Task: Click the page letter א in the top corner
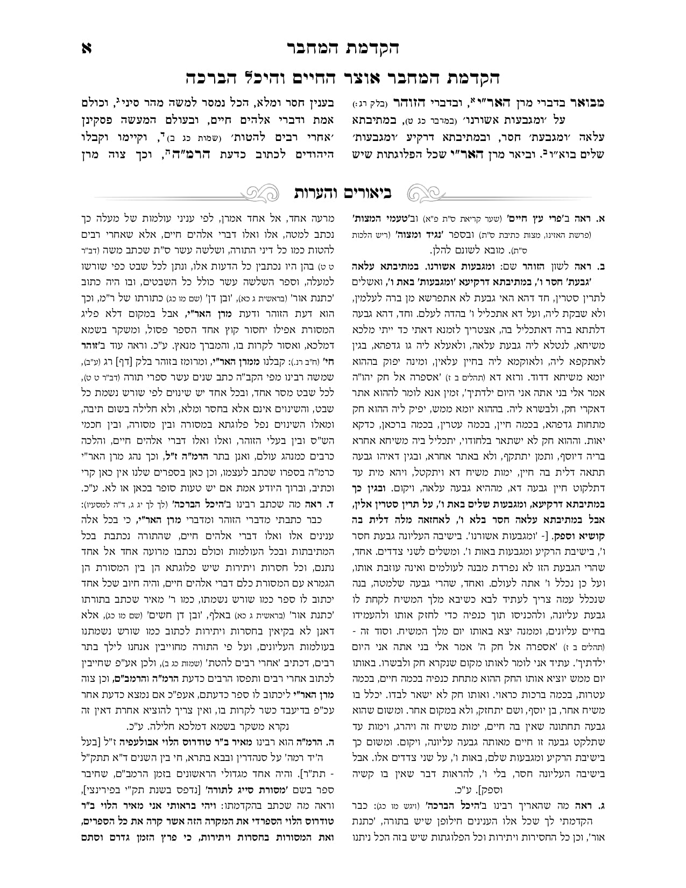click(x=86, y=47)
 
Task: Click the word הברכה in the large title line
click(x=214, y=77)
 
